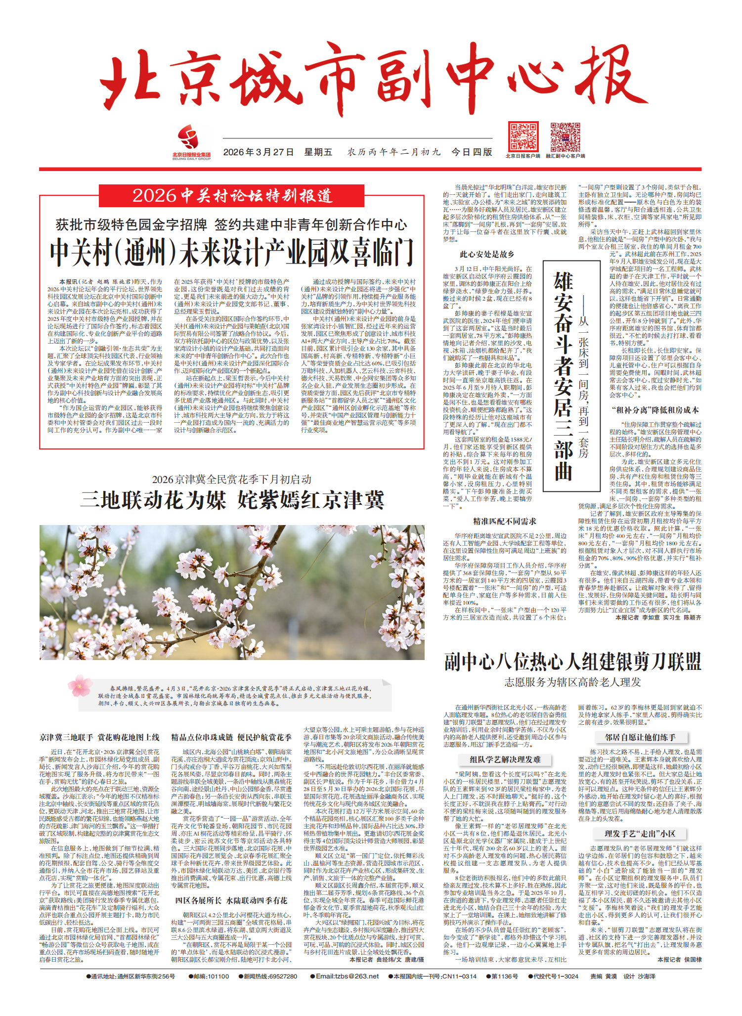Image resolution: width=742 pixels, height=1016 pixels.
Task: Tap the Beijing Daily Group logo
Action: (x=191, y=141)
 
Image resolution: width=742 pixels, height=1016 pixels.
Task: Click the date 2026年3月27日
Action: (x=259, y=152)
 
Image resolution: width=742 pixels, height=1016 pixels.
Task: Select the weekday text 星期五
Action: (x=318, y=152)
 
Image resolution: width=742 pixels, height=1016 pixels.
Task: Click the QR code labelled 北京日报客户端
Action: (x=523, y=137)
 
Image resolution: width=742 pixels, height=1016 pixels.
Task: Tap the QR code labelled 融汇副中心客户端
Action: (x=565, y=137)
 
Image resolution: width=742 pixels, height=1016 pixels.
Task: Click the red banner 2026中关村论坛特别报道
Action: (x=231, y=196)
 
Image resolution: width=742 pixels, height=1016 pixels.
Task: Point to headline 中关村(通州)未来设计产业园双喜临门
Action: (x=231, y=252)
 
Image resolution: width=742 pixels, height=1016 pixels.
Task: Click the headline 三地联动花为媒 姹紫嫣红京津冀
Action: (x=232, y=500)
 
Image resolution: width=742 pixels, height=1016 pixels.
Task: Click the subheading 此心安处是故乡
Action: (x=487, y=255)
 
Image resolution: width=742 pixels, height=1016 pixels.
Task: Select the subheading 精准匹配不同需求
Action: (x=504, y=521)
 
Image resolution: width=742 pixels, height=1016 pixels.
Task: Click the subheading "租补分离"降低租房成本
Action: (x=655, y=410)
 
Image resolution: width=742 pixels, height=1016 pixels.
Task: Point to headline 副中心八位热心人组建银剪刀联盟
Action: (x=572, y=661)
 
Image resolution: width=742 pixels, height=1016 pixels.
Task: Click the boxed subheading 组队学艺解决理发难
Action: (x=505, y=759)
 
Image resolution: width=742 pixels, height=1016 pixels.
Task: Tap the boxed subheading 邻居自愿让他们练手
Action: (x=640, y=738)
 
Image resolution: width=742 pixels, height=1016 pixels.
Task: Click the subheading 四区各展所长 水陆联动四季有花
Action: (x=231, y=901)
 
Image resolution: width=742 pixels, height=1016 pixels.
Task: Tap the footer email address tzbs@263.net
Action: (x=347, y=976)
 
